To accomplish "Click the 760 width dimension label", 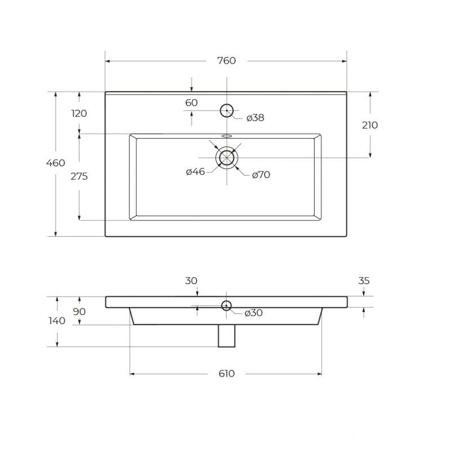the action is coord(227,61).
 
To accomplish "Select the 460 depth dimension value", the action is coord(55,163).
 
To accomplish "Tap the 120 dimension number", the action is coord(79,114).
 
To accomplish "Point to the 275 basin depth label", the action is coord(79,176).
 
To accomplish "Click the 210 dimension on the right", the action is coord(370,125).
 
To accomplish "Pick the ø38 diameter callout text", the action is coord(255,118).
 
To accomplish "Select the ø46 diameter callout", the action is coord(195,172).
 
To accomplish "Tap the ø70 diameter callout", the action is coord(261,175).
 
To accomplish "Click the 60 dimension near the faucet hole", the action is coord(191,103).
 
